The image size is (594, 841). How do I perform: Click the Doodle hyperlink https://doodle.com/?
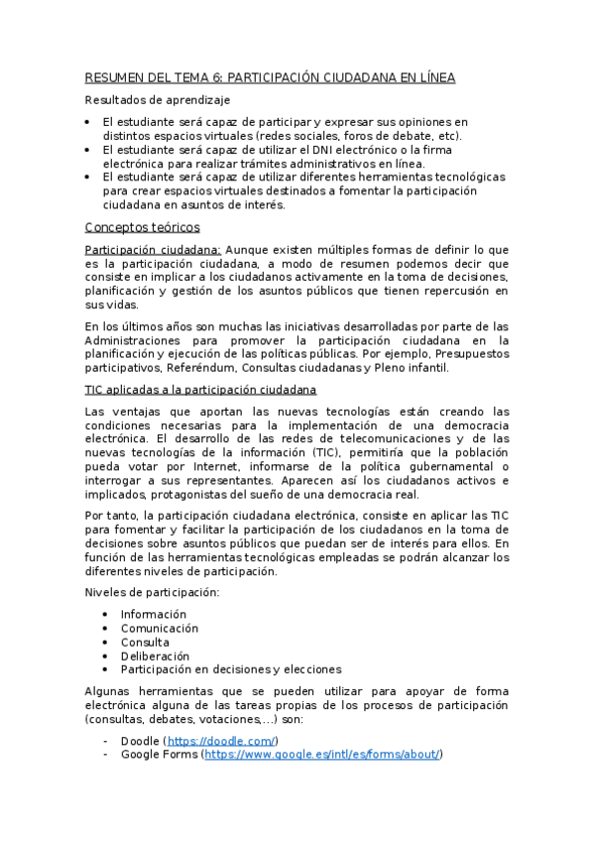point(220,741)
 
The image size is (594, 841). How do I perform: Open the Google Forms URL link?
point(321,755)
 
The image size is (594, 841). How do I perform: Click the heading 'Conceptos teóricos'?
point(143,227)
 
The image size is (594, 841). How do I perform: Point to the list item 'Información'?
point(154,615)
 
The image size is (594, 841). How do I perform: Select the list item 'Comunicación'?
point(160,629)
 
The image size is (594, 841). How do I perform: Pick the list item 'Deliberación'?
point(156,657)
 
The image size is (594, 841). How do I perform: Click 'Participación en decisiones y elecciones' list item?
point(231,670)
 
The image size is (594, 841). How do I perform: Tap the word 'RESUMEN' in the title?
point(114,77)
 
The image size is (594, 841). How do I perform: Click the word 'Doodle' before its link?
point(140,741)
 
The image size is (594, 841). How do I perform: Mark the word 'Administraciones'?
point(133,340)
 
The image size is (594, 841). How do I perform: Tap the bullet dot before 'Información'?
point(106,615)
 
